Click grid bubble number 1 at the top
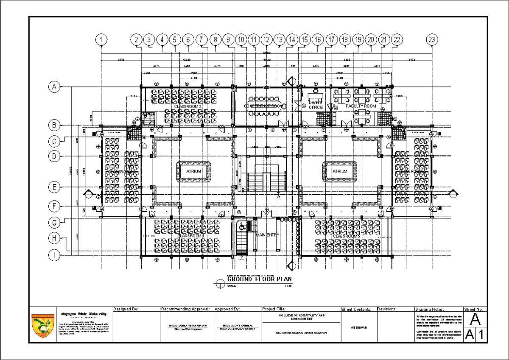(x=101, y=39)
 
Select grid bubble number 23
(x=432, y=39)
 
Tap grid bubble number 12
(x=266, y=39)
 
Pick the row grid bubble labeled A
(x=54, y=87)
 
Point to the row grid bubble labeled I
(x=54, y=255)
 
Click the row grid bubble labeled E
(x=54, y=187)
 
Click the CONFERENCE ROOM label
(x=263, y=106)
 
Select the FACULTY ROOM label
(x=361, y=106)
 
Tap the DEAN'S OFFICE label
(x=316, y=105)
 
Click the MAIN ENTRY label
(x=267, y=234)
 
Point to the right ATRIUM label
(x=339, y=171)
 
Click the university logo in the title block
(x=43, y=326)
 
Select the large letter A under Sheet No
(x=476, y=319)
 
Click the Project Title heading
(x=274, y=309)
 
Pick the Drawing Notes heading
(x=430, y=310)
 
